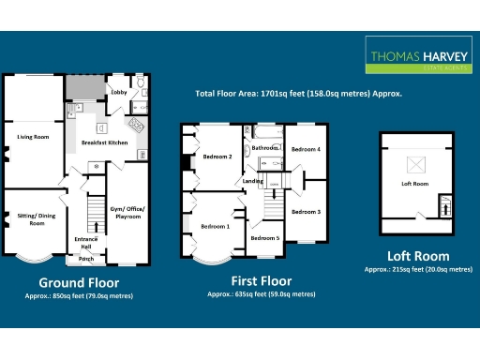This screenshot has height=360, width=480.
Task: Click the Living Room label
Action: point(33,137)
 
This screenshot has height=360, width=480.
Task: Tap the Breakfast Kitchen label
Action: point(105,142)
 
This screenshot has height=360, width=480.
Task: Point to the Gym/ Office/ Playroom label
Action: point(128,211)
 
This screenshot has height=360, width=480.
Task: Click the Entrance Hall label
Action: point(87,243)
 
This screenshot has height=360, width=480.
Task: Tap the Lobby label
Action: point(119,93)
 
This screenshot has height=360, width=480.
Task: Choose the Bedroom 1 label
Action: point(214,226)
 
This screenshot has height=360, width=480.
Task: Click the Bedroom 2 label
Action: point(217,157)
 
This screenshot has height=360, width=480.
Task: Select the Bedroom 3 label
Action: point(306,212)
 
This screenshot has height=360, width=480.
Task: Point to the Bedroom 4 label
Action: point(306,149)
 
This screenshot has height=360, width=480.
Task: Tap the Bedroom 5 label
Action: point(264,238)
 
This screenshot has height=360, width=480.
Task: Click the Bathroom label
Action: point(265,147)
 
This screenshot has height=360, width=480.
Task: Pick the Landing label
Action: point(252,181)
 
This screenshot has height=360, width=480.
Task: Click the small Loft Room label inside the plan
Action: point(414,184)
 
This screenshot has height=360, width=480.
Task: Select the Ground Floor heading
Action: point(79,282)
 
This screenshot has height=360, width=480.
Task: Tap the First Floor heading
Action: point(261,280)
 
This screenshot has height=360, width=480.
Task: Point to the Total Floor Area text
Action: point(298,94)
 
